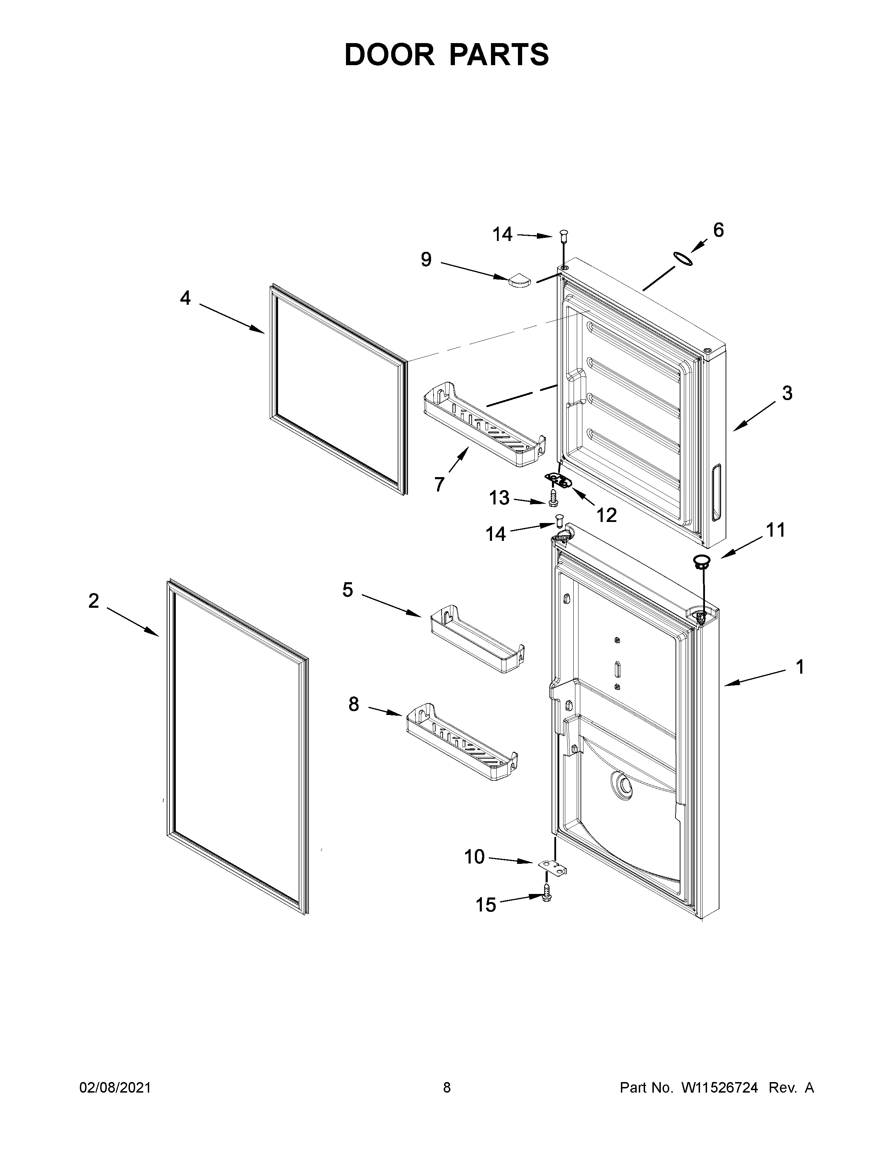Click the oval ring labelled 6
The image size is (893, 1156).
[683, 259]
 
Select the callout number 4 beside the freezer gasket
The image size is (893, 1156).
[185, 298]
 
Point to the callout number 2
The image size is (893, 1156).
[94, 601]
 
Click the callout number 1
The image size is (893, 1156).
[800, 667]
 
